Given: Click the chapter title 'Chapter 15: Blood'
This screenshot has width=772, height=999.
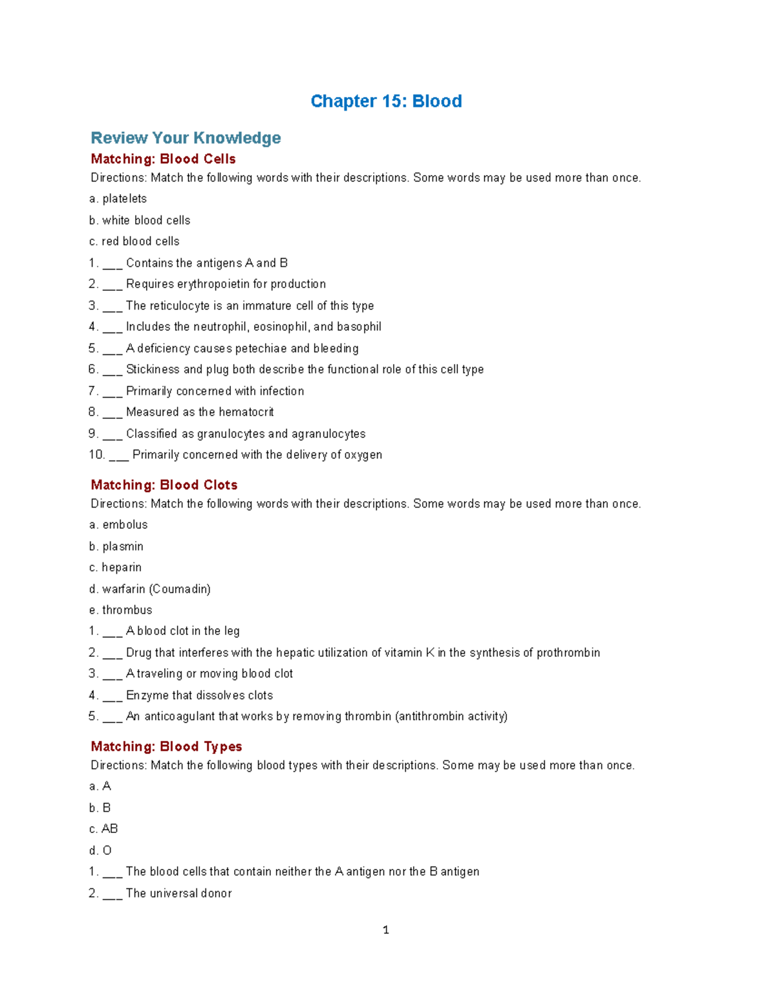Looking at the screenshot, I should coord(386,102).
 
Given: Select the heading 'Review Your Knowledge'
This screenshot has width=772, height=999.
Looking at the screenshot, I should coord(185,138).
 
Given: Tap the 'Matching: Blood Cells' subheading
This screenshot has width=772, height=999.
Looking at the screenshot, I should coord(163,159).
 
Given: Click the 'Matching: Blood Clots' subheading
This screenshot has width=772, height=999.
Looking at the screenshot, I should coord(164,485).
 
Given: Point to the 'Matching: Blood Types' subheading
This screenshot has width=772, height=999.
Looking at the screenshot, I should coord(166,747).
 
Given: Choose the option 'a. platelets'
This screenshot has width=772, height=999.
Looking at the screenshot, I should coord(118,199).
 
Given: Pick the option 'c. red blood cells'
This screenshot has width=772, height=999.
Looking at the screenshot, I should coord(134,241).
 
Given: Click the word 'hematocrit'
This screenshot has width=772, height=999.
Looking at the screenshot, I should coord(246,412).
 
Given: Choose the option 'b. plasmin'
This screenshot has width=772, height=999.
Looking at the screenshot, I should coord(116,547).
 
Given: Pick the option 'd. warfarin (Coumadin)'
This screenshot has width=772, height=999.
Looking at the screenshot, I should coord(150,589).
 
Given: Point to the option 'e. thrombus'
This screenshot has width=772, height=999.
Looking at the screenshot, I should coord(121,610).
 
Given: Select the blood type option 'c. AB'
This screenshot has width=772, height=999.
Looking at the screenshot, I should coord(104,829).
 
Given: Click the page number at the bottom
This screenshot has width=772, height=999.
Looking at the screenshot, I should coord(386,930).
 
